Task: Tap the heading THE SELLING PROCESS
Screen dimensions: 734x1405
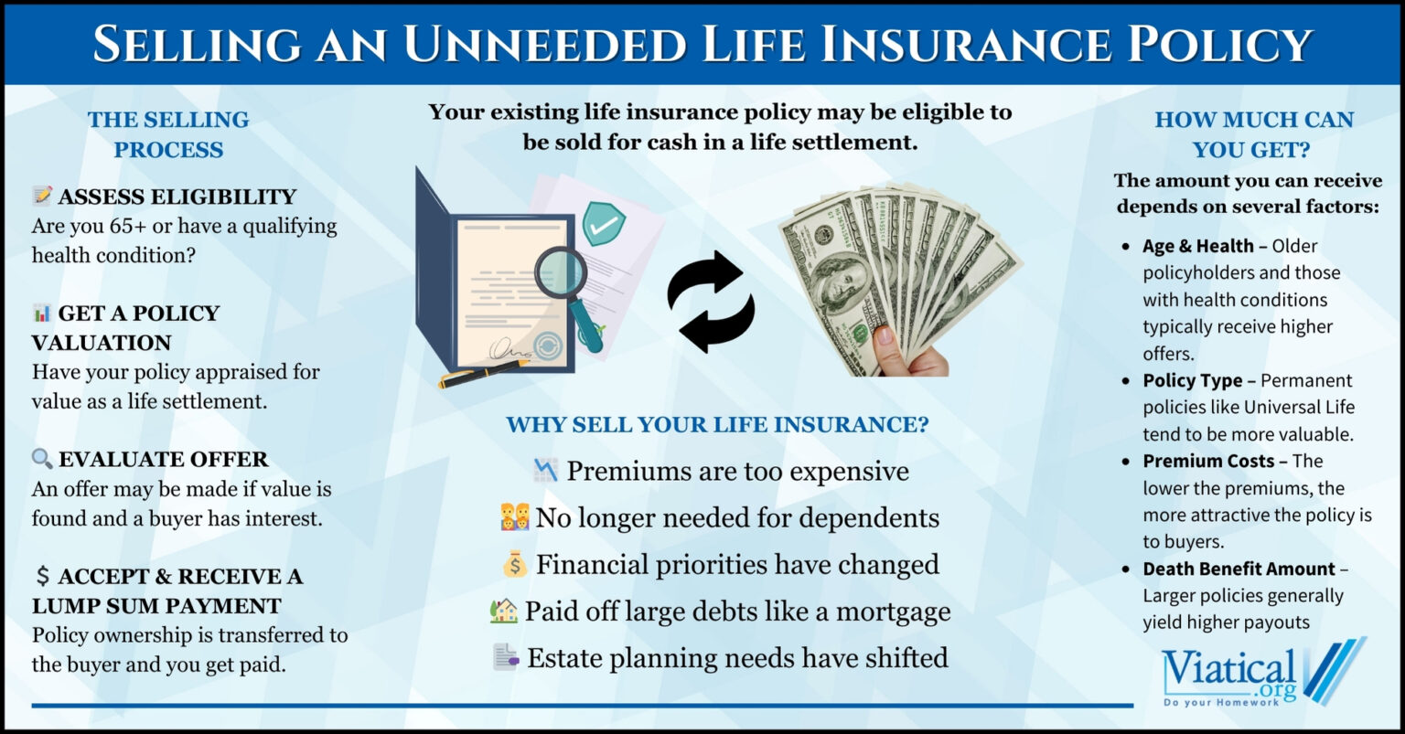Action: (168, 134)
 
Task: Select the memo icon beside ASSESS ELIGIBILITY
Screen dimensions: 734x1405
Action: (42, 196)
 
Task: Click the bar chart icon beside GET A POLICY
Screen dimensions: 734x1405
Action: (42, 314)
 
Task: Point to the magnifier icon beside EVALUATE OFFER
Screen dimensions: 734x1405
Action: (42, 459)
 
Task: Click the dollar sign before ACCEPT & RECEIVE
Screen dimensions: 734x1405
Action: (42, 576)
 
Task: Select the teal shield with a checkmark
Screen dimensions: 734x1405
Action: (604, 224)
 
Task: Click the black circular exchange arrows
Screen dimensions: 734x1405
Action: (711, 302)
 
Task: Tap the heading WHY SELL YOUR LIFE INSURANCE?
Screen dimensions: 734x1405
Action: (717, 425)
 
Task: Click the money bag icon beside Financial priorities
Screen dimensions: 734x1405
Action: (515, 564)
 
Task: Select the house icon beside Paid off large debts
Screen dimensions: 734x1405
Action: (504, 611)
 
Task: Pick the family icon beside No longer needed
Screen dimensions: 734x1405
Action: (515, 517)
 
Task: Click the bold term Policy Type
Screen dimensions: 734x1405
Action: (1193, 380)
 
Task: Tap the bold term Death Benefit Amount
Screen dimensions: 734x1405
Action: (1239, 569)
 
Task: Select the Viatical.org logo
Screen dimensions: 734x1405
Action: (1262, 675)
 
